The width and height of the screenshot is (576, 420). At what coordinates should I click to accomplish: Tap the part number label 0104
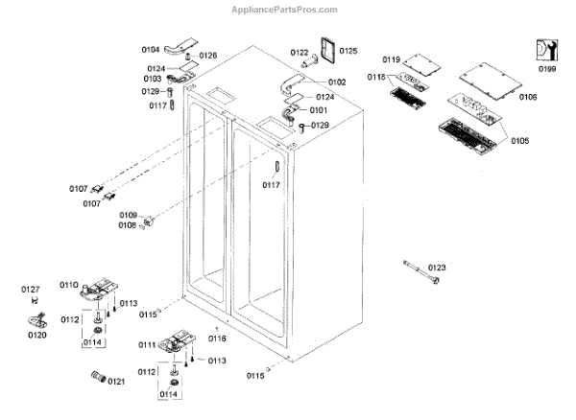(x=151, y=48)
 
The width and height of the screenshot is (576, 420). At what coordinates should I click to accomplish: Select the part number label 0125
(x=348, y=51)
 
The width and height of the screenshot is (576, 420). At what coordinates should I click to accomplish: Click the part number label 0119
(x=391, y=60)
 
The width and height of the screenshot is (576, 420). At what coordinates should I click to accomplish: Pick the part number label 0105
(x=519, y=141)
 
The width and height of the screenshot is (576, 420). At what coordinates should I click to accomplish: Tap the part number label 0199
(x=546, y=70)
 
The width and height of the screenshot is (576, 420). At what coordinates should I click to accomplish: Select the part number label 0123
(x=438, y=268)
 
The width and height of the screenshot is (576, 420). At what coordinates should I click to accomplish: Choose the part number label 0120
(x=36, y=336)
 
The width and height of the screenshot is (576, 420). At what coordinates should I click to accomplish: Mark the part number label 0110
(x=69, y=285)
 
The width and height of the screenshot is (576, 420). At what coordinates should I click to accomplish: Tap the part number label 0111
(x=148, y=343)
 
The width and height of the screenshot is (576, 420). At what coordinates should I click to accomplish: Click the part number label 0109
(x=128, y=215)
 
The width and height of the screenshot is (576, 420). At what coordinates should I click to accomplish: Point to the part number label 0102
(x=337, y=82)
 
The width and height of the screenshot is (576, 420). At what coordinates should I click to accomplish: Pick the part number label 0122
(x=300, y=52)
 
